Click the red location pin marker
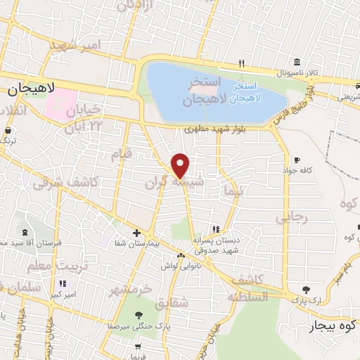pos(181,165)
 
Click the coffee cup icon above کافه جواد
pos(297,160)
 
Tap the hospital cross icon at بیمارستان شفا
pos(136,233)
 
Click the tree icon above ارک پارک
pos(304,289)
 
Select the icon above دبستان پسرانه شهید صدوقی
pos(216,229)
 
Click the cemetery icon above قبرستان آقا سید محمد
pos(26,233)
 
